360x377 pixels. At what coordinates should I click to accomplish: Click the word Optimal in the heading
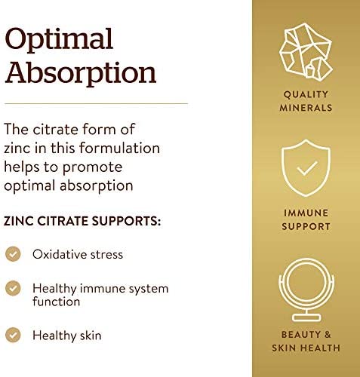(x=58, y=39)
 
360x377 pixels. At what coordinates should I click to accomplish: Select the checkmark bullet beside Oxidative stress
(x=14, y=254)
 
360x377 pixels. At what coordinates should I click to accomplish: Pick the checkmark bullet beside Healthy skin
(x=14, y=335)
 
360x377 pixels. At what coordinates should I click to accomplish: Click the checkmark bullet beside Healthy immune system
(x=14, y=288)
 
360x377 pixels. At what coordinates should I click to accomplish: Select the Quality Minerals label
(x=306, y=102)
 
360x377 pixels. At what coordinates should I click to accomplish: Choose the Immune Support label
(x=306, y=220)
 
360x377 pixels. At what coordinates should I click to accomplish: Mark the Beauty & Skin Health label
(x=306, y=342)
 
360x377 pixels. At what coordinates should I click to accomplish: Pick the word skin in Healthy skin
(x=87, y=335)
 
